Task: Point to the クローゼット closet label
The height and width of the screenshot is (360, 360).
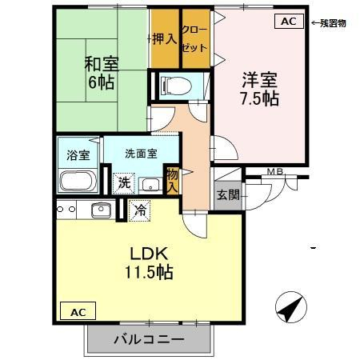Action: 194,38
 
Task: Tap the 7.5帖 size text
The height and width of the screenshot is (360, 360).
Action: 259,99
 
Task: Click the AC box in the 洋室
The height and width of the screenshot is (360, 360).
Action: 289,22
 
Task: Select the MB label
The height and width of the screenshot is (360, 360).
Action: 275,171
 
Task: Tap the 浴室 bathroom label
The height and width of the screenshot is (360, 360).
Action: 78,154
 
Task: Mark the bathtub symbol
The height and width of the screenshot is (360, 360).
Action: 78,181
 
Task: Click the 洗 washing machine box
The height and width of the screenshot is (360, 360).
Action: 124,182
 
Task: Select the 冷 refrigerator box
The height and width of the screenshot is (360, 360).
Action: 139,211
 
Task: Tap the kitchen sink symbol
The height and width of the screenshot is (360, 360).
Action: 101,210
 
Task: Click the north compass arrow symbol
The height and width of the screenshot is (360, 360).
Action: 290,306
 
